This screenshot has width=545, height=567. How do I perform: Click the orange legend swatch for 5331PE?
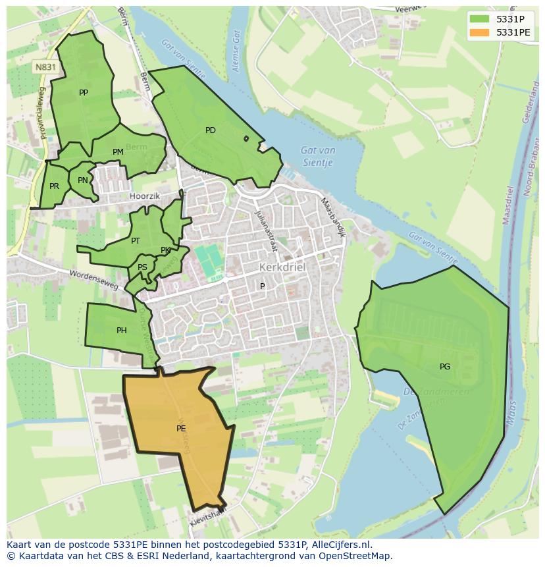pos(480,32)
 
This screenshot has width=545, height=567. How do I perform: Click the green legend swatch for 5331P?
pos(480,19)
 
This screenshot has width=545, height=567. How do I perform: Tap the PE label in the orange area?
pos(181,429)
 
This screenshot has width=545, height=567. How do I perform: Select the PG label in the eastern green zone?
pos(445,367)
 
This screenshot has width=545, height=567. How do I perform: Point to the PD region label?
pos(211,130)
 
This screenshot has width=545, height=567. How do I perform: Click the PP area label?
pos(84,93)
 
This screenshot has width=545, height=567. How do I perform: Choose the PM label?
pos(118,152)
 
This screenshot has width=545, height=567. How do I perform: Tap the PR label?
pos(54,186)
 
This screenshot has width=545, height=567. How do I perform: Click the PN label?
pos(82,180)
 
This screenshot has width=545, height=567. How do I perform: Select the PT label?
pos(136,241)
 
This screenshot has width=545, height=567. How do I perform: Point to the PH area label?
pos(122,331)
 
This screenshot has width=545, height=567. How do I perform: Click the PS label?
pos(142,267)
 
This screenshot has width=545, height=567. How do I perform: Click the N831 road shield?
pos(45,67)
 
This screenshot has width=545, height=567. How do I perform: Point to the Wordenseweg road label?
pos(93,280)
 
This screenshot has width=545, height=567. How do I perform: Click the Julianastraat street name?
pos(266,230)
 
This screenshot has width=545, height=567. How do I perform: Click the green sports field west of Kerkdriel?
pos(208,261)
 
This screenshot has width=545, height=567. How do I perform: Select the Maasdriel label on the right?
pos(507,205)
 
